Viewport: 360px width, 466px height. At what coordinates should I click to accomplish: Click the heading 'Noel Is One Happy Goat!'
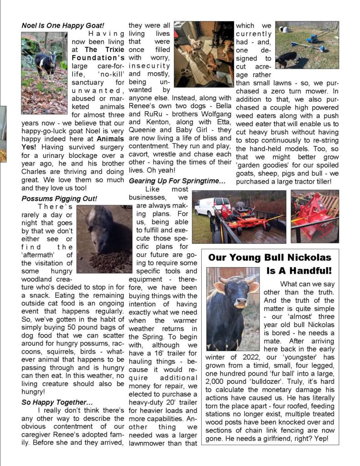(x=63, y=25)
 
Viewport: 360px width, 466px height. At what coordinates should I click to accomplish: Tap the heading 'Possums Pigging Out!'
(x=59, y=199)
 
